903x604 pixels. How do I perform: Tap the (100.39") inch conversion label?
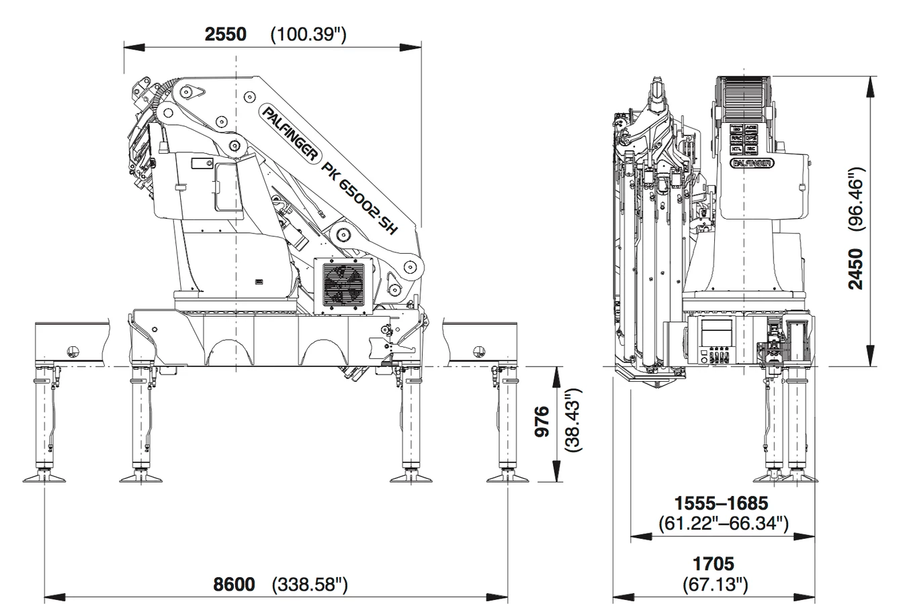point(308,34)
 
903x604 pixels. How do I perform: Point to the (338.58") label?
point(310,585)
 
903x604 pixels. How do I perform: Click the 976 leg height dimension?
point(544,421)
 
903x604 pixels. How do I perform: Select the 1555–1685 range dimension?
point(721,503)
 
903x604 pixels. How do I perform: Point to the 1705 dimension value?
point(714,564)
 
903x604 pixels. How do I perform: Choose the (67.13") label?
point(714,584)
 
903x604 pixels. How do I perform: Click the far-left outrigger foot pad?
point(46,478)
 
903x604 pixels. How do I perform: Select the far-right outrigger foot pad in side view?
point(509,478)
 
